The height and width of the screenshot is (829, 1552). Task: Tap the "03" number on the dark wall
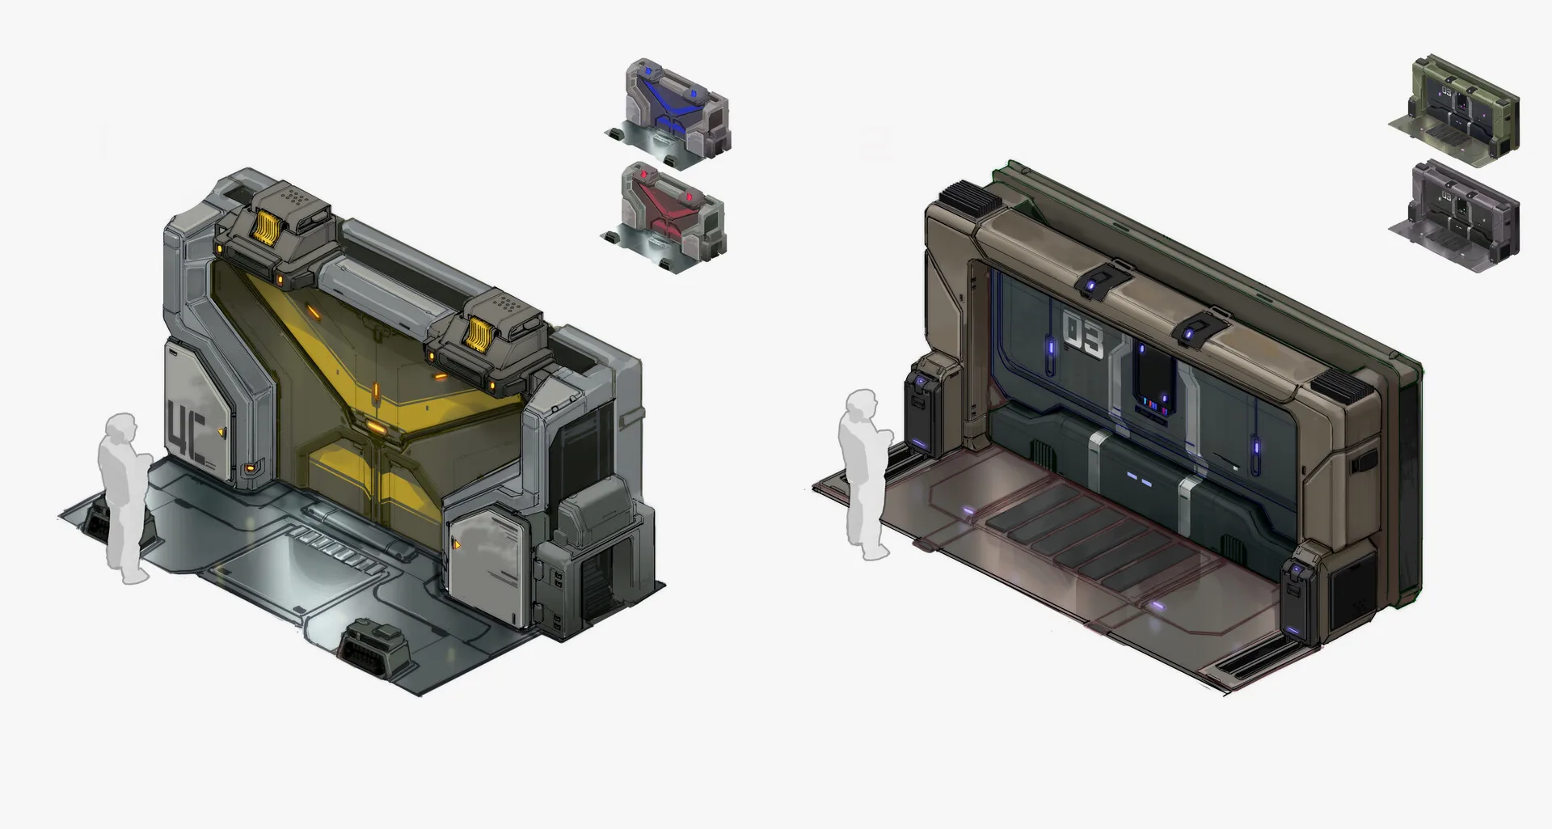tap(1082, 336)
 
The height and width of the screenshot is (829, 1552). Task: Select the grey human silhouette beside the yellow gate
tap(124, 497)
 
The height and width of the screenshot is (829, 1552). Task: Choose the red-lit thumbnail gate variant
tap(666, 217)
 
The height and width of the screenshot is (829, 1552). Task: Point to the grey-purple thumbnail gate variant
tap(1455, 214)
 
